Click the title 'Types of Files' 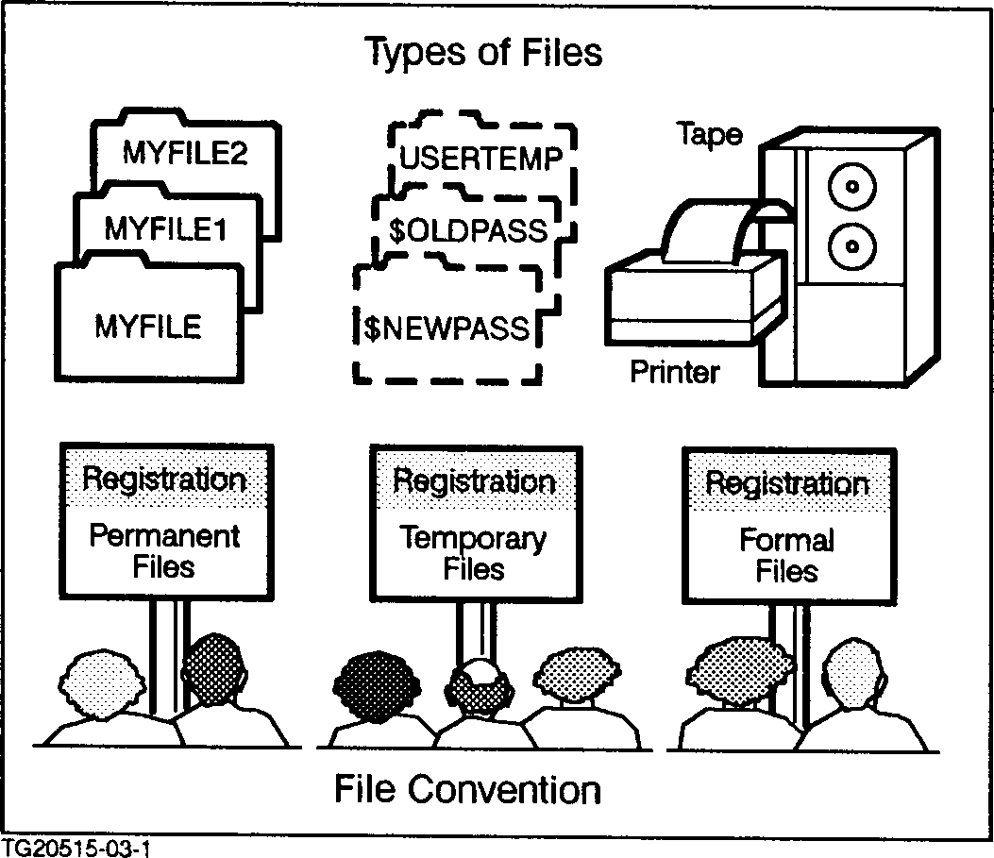(483, 52)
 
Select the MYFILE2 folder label (185, 152)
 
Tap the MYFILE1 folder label (165, 228)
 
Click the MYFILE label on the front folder (148, 327)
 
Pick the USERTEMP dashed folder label (481, 158)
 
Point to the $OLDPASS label (467, 229)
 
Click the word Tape (710, 134)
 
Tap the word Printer (674, 371)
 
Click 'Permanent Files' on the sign (164, 551)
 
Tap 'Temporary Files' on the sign (473, 553)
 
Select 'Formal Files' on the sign (786, 555)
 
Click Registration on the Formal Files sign (786, 484)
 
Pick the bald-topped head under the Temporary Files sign (481, 683)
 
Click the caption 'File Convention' (467, 789)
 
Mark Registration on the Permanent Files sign (164, 479)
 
